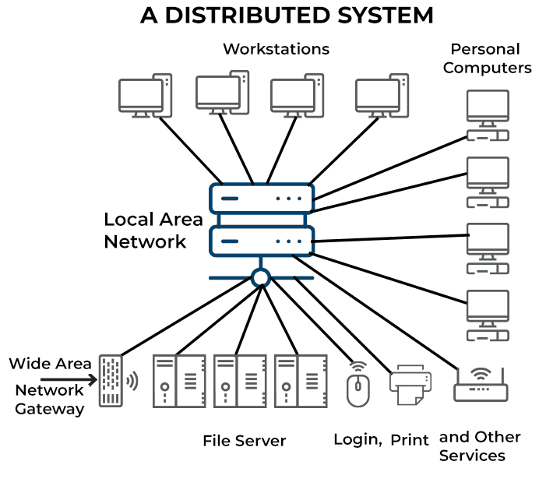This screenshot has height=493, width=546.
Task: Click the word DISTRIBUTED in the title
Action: coord(247,16)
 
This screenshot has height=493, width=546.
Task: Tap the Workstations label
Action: coord(277,49)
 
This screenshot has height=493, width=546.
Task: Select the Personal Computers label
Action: coord(487,58)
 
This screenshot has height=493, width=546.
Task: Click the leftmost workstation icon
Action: coord(145,95)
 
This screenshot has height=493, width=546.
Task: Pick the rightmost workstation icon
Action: coord(382,95)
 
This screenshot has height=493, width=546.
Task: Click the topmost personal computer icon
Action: coord(488,115)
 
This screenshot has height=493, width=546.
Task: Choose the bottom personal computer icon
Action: coord(488,315)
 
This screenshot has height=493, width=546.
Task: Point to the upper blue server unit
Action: coord(262,199)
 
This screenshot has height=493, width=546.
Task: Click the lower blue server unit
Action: coord(262,241)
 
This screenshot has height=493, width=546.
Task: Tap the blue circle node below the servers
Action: coord(261,278)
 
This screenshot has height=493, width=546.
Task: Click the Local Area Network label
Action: coord(153,231)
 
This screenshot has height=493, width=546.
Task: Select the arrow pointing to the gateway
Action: coord(69,379)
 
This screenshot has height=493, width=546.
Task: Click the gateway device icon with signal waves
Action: coord(118,381)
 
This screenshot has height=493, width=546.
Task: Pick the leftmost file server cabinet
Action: coord(179,381)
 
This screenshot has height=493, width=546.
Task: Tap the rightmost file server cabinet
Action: coord(301,381)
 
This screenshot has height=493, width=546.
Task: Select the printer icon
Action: coord(410,385)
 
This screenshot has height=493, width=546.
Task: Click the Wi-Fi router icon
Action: coord(481,385)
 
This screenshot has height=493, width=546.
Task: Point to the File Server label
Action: coord(245,441)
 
